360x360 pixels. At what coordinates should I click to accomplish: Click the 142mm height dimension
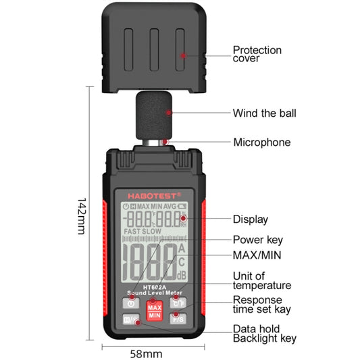point(81,215)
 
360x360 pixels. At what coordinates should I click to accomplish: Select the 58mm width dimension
point(146,353)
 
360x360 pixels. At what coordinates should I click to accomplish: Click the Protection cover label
point(257,54)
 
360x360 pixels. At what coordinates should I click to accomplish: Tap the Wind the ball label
point(264,113)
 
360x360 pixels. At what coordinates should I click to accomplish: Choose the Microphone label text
point(261,143)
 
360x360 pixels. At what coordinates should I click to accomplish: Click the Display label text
point(251,219)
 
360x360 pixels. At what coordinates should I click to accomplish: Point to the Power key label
point(257,239)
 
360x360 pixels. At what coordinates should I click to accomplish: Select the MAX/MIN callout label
point(257,255)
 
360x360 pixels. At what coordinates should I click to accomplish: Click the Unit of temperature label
point(262,280)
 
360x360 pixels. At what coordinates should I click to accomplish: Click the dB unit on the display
point(181,275)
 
